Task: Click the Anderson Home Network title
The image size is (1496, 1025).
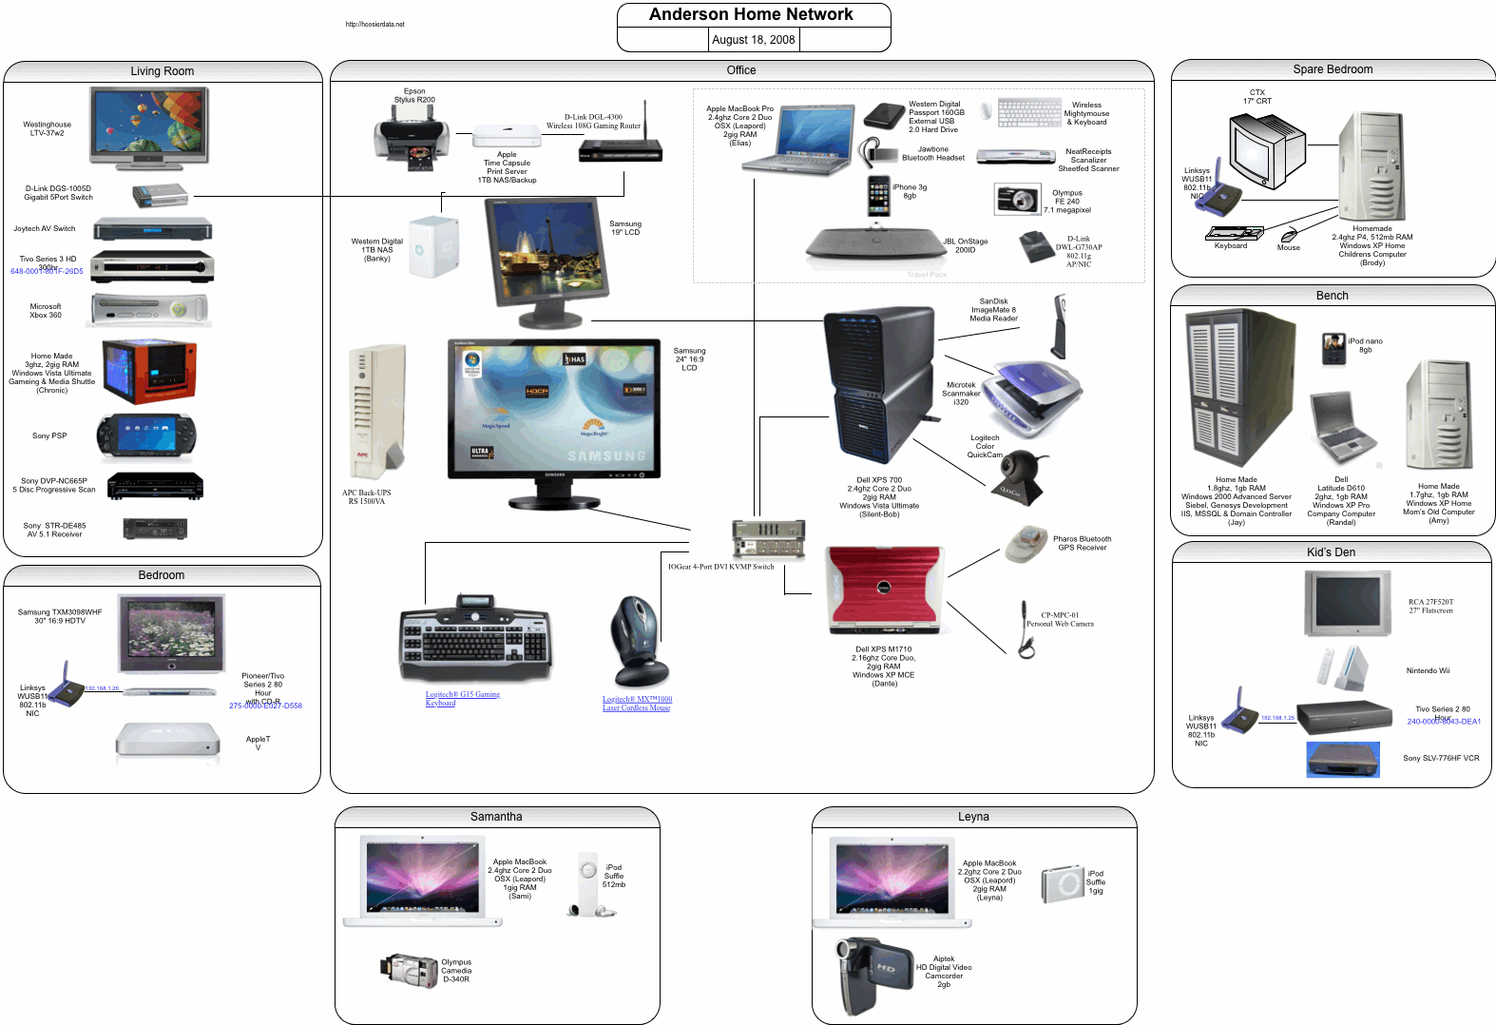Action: pyautogui.click(x=751, y=14)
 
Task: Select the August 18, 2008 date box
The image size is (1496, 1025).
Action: pyautogui.click(x=753, y=39)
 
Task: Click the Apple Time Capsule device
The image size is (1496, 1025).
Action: pyautogui.click(x=507, y=136)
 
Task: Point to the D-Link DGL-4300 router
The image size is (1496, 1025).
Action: pyautogui.click(x=621, y=148)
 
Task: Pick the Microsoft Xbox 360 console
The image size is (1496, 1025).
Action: pyautogui.click(x=149, y=310)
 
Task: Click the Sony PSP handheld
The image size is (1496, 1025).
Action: pyautogui.click(x=146, y=436)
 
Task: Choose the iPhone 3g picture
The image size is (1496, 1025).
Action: pyautogui.click(x=879, y=196)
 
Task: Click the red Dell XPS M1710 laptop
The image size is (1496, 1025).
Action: pyautogui.click(x=884, y=590)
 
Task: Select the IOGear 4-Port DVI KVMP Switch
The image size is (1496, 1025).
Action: pyautogui.click(x=768, y=539)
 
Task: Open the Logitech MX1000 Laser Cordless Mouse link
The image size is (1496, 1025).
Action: pyautogui.click(x=637, y=703)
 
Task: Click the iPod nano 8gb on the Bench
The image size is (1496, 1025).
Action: pyautogui.click(x=1333, y=349)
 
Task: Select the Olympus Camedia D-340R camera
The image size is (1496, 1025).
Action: pyautogui.click(x=410, y=969)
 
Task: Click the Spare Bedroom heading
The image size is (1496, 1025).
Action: pyautogui.click(x=1333, y=69)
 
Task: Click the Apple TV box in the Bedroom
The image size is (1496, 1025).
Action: pyautogui.click(x=167, y=740)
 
